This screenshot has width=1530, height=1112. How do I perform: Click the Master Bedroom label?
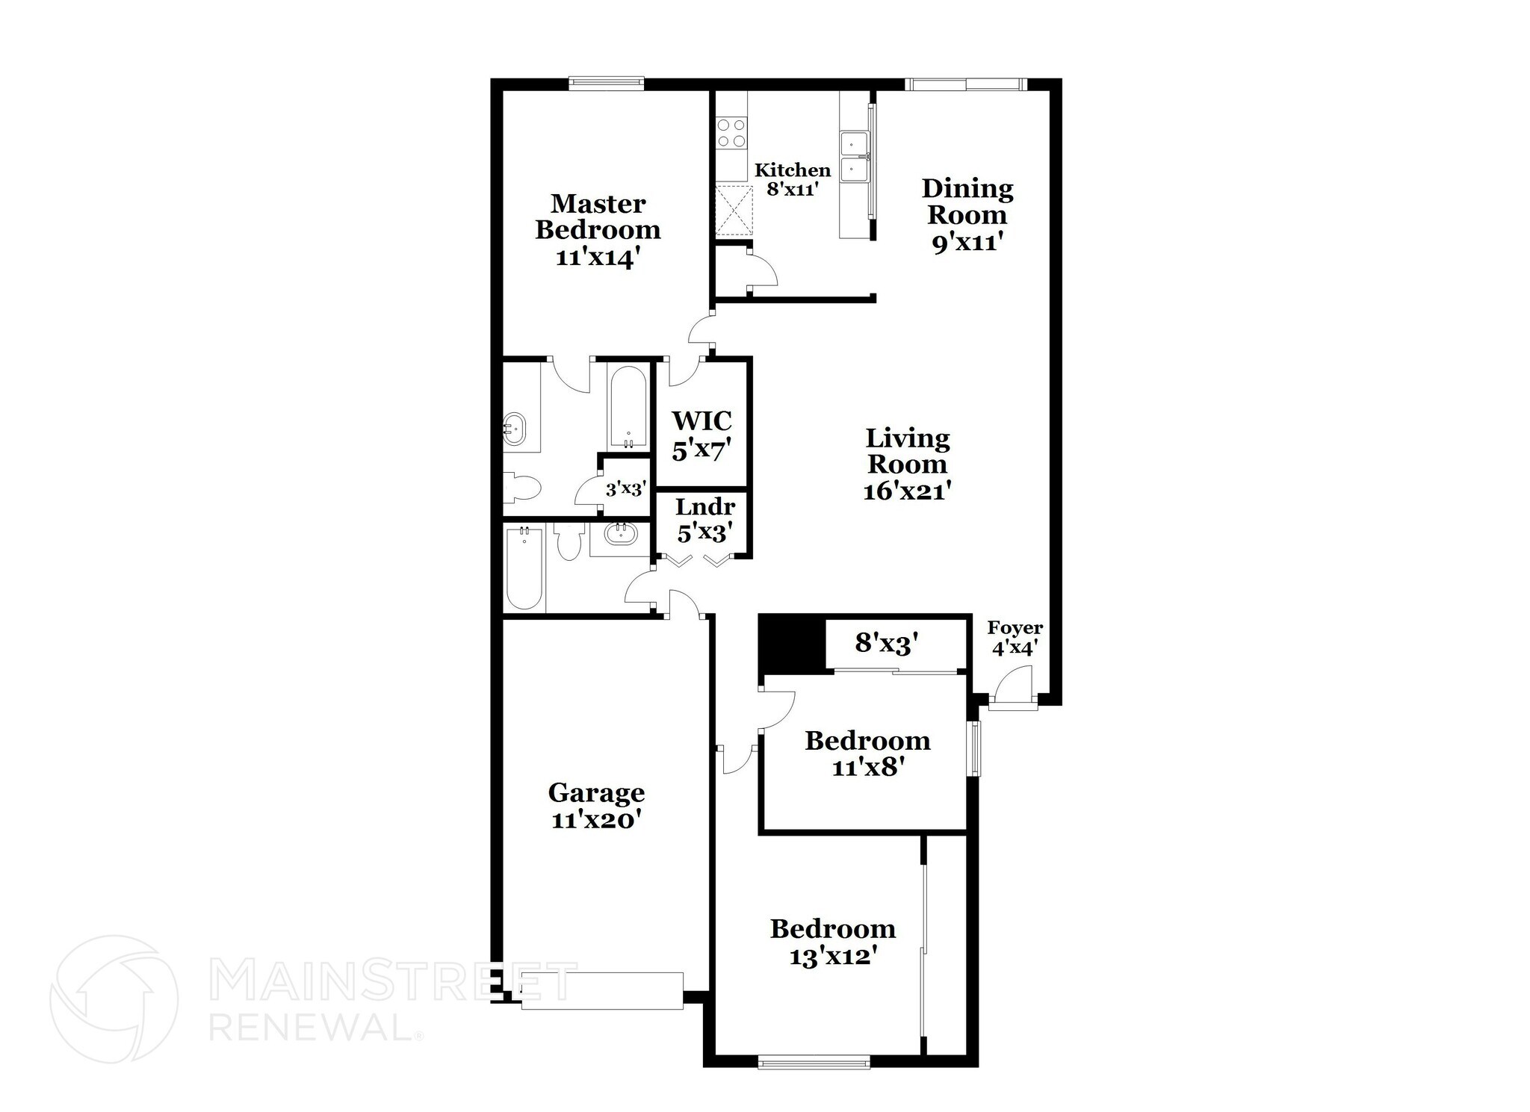(598, 230)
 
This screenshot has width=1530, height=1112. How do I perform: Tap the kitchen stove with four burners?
(731, 133)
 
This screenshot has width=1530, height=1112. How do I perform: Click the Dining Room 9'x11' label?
(967, 215)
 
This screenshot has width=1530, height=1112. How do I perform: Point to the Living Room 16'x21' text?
(907, 464)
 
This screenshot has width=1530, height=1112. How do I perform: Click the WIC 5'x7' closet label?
(701, 435)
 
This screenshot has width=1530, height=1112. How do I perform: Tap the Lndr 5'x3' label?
(704, 520)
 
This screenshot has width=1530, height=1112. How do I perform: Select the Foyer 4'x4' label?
(1015, 637)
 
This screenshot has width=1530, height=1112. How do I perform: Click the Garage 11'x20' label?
(596, 805)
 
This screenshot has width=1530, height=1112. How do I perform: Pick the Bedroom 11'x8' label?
(867, 753)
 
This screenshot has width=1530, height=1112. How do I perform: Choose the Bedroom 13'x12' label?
(833, 941)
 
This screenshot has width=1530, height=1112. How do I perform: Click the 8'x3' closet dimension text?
(886, 643)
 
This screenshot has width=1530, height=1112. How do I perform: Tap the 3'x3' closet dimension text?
(625, 490)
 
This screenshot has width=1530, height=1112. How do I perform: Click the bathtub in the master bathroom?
(628, 406)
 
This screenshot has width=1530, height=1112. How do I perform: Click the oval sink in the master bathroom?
(515, 428)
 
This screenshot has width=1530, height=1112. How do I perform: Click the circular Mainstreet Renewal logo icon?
(114, 998)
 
